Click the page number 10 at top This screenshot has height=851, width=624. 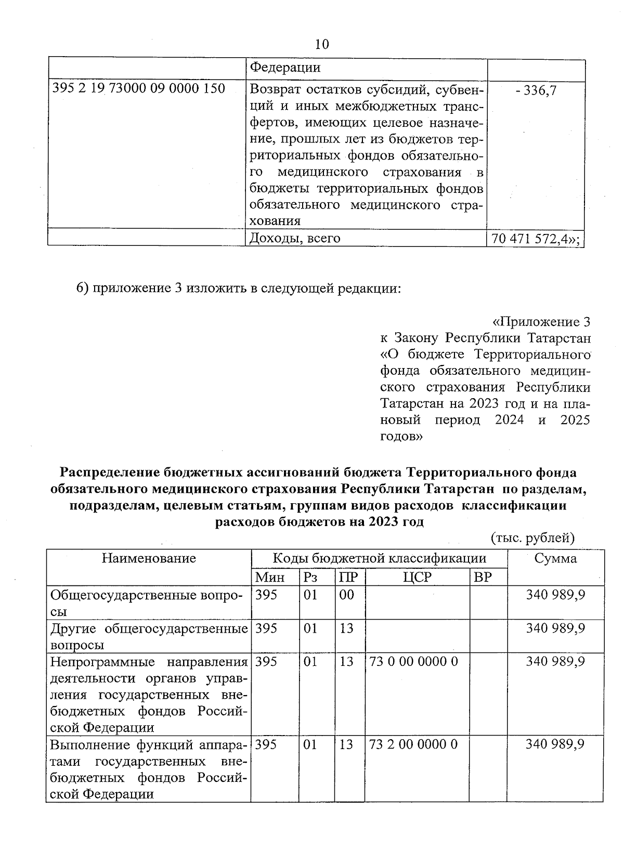click(x=322, y=44)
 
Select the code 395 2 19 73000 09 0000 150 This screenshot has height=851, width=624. click(x=139, y=89)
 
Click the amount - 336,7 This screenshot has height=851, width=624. click(x=536, y=90)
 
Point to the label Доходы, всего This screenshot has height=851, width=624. click(x=295, y=238)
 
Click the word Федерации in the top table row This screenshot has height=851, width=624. click(x=285, y=68)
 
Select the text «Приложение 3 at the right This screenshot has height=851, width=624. click(x=541, y=322)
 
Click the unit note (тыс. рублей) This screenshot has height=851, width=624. click(x=532, y=538)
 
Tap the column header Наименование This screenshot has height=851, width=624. click(x=149, y=558)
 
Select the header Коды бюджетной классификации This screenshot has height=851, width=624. click(x=379, y=558)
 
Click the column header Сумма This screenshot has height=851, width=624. click(x=555, y=558)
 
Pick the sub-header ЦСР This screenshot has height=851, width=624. click(x=417, y=577)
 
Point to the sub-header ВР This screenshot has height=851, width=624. click(x=483, y=577)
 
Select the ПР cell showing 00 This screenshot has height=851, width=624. click(x=346, y=595)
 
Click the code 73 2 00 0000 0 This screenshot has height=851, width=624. click(x=413, y=744)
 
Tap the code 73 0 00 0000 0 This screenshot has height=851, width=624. click(x=413, y=662)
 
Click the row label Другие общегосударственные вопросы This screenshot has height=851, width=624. click(x=149, y=637)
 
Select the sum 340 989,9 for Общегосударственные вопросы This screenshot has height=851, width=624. click(x=555, y=595)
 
